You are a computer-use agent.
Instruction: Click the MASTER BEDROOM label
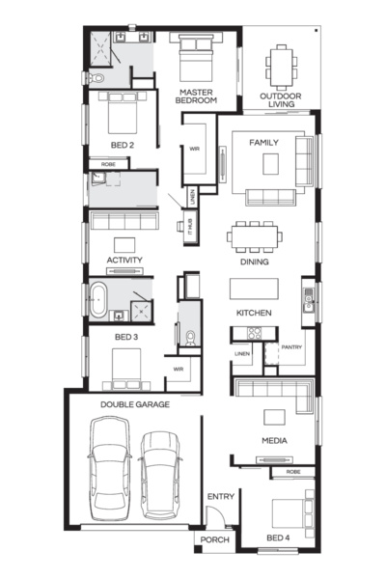coord(196,96)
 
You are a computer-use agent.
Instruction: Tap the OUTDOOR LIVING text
coord(281,100)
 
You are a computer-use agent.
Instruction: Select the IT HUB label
coord(190,227)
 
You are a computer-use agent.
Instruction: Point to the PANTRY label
coord(291,347)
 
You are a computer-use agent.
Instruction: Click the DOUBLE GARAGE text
coord(135,404)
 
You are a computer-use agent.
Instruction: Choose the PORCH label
coord(214,539)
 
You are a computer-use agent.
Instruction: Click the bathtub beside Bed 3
coord(98,299)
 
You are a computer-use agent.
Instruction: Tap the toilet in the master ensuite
coord(97,78)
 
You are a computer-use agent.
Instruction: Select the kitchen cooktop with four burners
coord(254,333)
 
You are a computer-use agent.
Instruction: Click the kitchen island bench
coord(254,289)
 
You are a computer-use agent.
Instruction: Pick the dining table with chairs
coord(255,236)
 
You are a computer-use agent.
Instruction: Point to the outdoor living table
coord(282,67)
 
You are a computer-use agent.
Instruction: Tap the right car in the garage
coord(160,476)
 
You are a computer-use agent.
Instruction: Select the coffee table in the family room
coord(271,164)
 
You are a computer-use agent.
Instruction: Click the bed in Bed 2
coord(123,113)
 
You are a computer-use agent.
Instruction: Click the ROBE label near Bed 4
coord(293,472)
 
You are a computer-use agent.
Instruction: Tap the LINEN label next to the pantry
coord(242,354)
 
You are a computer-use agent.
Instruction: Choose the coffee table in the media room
coord(274,417)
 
